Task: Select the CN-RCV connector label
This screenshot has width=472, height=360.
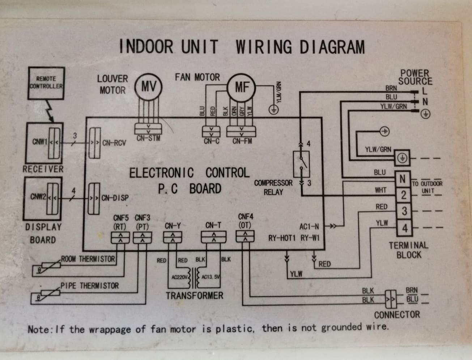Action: [x=114, y=143]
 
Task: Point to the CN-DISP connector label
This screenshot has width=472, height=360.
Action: [x=115, y=198]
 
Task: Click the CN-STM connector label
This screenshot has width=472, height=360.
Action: [x=149, y=138]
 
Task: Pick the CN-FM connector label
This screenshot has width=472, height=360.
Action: [x=242, y=141]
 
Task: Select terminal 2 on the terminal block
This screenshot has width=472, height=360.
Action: [x=404, y=195]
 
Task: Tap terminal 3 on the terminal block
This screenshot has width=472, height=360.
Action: [x=404, y=211]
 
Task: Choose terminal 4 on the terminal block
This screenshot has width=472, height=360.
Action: [x=404, y=228]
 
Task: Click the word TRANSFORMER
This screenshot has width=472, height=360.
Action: [x=195, y=296]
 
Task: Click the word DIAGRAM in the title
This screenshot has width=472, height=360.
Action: [x=332, y=47]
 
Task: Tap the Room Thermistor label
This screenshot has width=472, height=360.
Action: [x=88, y=259]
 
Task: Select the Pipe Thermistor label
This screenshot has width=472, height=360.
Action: [x=89, y=286]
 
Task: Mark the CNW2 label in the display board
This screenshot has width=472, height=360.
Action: [x=38, y=197]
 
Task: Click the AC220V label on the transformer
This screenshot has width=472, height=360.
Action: [x=180, y=277]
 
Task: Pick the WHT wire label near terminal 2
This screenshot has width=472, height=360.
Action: [x=381, y=190]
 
